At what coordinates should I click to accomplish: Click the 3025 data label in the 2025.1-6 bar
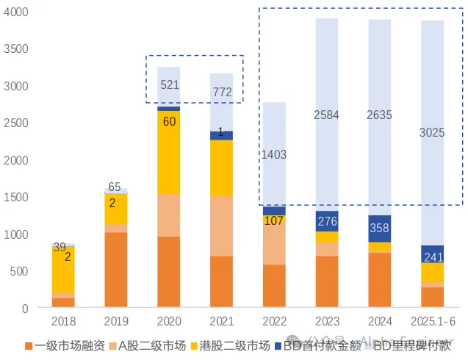(432, 133)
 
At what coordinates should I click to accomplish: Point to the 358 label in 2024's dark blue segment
(379, 228)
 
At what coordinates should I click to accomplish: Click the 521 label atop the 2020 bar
(170, 85)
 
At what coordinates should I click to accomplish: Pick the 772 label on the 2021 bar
(222, 93)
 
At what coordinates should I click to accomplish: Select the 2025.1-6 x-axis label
(432, 322)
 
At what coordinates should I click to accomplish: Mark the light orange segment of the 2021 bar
(221, 226)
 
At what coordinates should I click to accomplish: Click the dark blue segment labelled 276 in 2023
(326, 220)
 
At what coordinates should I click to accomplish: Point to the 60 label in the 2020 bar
(169, 121)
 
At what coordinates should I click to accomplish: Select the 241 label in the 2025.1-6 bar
(432, 257)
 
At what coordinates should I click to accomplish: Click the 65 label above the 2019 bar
(115, 187)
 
